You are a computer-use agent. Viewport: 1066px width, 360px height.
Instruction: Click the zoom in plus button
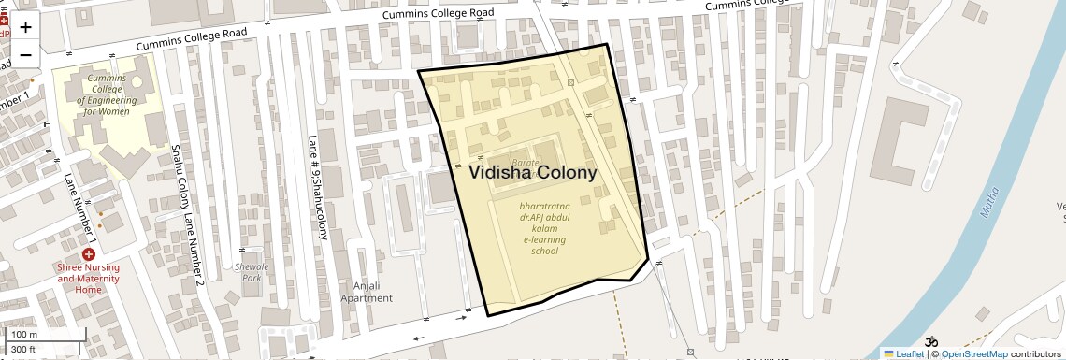(25, 26)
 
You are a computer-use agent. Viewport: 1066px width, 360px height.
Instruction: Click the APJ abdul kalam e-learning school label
(531, 228)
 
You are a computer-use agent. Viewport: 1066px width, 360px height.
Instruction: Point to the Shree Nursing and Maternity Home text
(89, 279)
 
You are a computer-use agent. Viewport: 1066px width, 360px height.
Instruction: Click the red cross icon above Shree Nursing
(89, 254)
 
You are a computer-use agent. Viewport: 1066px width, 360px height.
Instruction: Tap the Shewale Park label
(250, 272)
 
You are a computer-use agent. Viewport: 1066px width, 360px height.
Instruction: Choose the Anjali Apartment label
(367, 292)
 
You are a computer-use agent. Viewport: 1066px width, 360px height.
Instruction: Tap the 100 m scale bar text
(23, 335)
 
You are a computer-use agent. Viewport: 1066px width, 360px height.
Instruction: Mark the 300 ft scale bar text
(23, 350)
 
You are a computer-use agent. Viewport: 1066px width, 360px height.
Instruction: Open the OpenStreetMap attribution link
(973, 353)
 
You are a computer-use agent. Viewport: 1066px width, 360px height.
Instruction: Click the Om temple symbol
(930, 343)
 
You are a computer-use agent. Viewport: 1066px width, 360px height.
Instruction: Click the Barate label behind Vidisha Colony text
(526, 162)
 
